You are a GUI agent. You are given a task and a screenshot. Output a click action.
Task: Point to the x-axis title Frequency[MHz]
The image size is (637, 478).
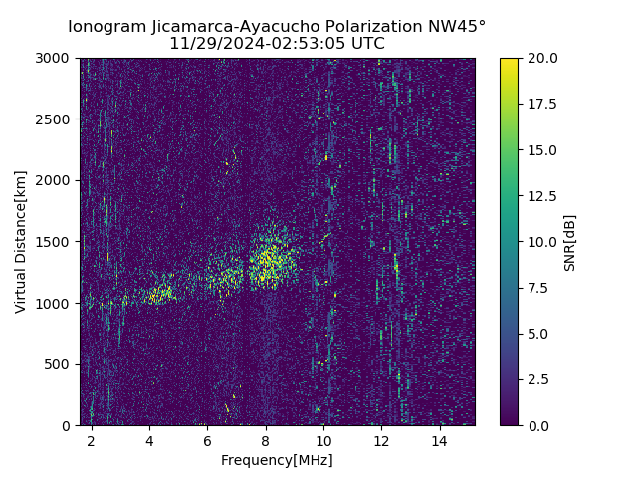[277, 460]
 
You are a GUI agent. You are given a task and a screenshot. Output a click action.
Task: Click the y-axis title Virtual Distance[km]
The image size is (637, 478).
[21, 242]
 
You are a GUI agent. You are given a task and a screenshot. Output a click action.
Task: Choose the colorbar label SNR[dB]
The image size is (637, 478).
[570, 242]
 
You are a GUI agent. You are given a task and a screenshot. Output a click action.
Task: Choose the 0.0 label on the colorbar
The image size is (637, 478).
[537, 425]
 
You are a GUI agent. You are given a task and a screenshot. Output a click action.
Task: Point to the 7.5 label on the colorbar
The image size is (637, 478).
[537, 288]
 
